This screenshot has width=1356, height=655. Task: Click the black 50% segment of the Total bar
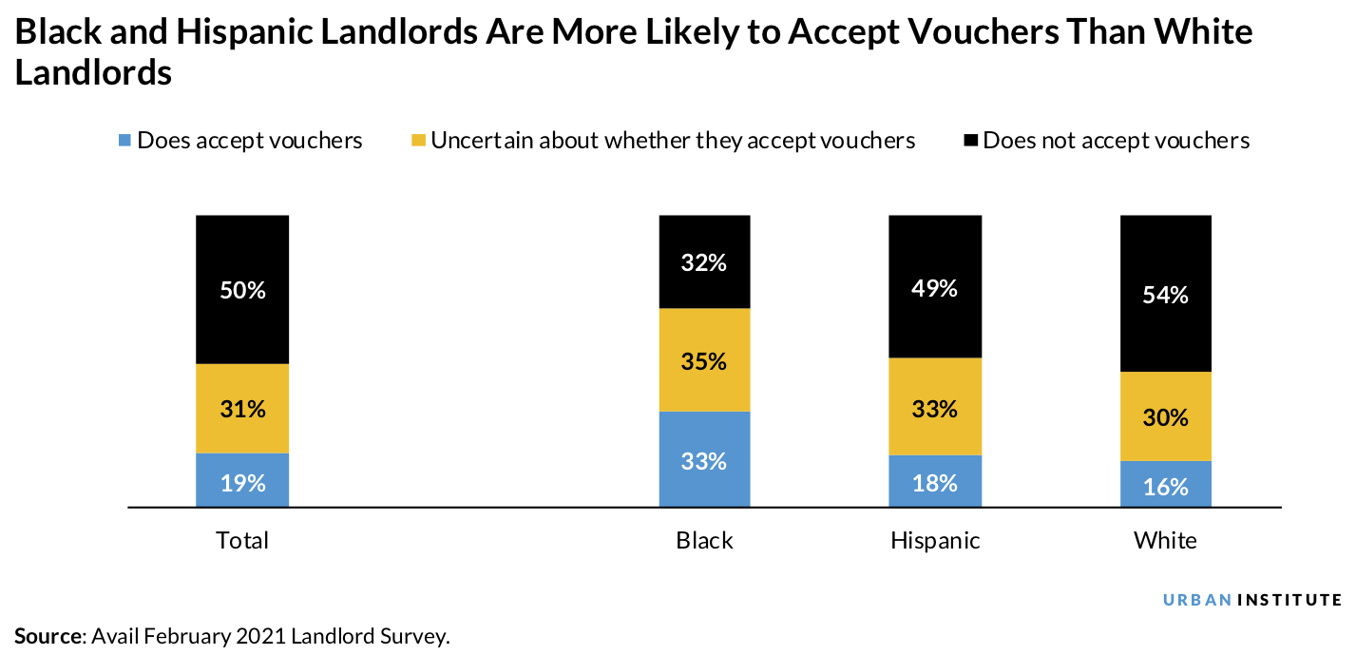click(242, 290)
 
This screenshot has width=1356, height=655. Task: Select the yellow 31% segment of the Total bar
click(242, 409)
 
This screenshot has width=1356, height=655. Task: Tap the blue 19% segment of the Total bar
click(242, 481)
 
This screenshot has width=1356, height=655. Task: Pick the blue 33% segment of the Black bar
click(704, 460)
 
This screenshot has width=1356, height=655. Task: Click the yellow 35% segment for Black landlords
click(704, 360)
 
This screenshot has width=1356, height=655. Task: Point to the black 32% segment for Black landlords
click(704, 262)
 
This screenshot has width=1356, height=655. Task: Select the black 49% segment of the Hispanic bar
click(935, 287)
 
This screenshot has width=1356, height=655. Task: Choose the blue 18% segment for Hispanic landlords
click(935, 482)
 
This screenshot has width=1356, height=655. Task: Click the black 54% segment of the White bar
click(1166, 294)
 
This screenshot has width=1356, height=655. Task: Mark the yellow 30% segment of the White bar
click(1166, 416)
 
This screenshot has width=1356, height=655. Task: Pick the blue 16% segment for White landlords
click(1166, 485)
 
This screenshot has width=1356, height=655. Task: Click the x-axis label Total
click(242, 541)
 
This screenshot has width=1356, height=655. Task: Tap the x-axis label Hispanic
click(935, 541)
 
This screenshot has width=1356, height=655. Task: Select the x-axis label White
click(1166, 541)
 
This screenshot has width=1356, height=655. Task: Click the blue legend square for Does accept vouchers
click(124, 141)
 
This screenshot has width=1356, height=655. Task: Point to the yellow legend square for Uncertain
click(418, 141)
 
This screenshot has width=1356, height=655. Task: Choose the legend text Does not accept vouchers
click(1116, 141)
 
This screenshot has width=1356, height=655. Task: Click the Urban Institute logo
click(1252, 600)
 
